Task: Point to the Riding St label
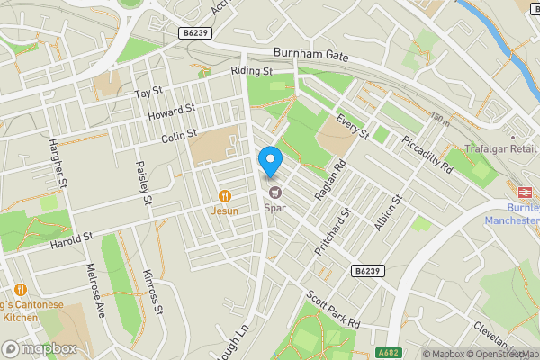[x=251, y=70]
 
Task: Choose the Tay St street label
[x=148, y=93]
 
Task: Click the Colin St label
[x=179, y=138]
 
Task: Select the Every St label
[x=353, y=127]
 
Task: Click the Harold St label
[x=72, y=242]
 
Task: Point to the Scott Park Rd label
[x=332, y=308]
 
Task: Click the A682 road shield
[x=389, y=353]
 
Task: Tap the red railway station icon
[x=523, y=192]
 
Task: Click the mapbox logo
[x=40, y=348]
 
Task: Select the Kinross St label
[x=151, y=292]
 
